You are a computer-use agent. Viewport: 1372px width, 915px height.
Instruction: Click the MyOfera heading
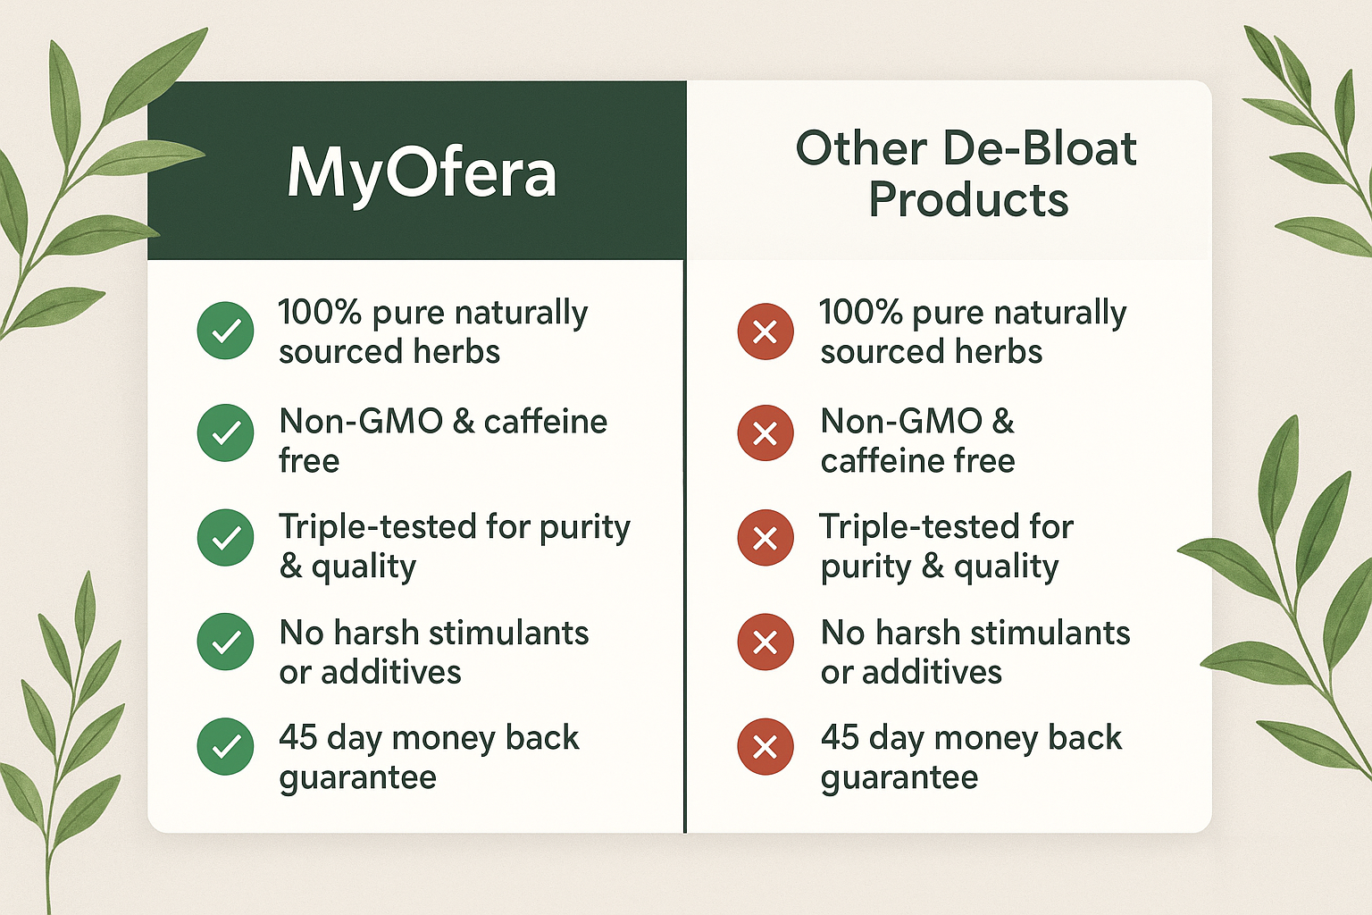[422, 174]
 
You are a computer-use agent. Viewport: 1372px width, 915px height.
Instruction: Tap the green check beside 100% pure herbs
[225, 331]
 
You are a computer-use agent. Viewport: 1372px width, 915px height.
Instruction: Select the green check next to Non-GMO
[225, 432]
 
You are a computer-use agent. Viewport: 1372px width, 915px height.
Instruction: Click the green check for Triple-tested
[225, 538]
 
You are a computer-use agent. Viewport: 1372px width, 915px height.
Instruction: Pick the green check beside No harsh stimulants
[225, 642]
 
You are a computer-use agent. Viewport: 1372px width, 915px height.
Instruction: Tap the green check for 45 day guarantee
[225, 746]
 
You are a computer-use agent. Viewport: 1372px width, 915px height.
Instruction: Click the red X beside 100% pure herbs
[765, 332]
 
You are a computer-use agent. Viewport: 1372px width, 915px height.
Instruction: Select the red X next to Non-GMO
[765, 433]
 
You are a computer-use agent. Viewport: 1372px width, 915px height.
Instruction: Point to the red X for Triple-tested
[765, 538]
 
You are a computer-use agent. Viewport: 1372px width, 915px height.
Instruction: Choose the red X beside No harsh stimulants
[765, 642]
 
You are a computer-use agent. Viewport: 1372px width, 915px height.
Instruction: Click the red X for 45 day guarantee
[765, 747]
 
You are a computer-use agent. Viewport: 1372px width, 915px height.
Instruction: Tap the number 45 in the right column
[840, 736]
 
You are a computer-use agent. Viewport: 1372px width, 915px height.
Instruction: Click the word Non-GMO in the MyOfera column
[361, 421]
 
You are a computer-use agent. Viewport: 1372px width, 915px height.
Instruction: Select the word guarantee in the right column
[899, 778]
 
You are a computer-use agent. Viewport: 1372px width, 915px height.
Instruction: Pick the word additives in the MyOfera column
[390, 672]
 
